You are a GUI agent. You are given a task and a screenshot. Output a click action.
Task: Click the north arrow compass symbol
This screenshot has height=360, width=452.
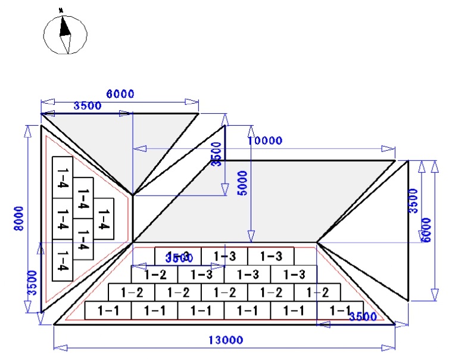point(65,33)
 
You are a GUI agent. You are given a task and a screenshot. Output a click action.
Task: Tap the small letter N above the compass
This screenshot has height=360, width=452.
point(61,10)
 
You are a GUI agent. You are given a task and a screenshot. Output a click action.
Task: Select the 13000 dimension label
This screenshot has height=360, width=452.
point(225,340)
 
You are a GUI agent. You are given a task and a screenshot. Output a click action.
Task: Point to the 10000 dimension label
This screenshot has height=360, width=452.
point(264,141)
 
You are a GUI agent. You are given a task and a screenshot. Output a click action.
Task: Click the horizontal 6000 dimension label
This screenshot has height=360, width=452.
point(120,94)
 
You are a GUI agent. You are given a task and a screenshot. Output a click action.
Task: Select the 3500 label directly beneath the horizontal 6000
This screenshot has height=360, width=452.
point(87,105)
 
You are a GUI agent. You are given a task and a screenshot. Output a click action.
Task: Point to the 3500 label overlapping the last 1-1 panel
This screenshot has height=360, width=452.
point(362,316)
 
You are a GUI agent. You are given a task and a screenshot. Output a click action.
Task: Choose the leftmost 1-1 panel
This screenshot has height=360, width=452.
point(108,310)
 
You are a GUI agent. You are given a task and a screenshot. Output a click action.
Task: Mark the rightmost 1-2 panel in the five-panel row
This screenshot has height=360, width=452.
point(317,292)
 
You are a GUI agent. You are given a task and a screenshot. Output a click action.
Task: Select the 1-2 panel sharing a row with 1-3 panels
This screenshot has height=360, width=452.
point(155,274)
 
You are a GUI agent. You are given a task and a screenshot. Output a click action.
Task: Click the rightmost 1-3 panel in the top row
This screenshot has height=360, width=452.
point(270,256)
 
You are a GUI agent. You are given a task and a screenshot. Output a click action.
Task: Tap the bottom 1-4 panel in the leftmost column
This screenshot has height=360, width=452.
point(63,260)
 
